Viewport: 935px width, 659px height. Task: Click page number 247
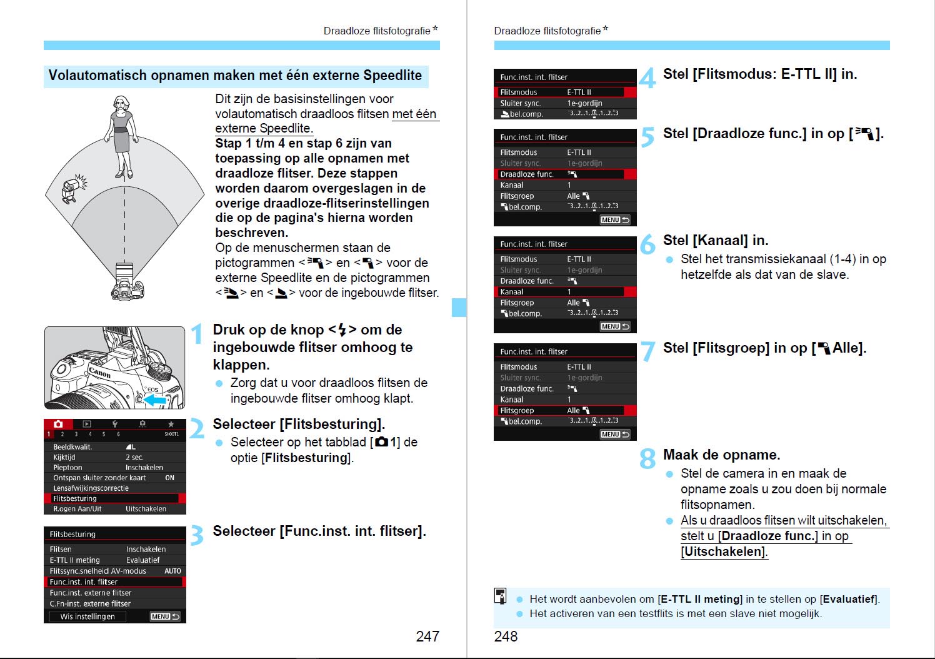point(427,636)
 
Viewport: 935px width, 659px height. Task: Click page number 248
point(506,636)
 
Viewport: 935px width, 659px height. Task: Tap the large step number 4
point(647,78)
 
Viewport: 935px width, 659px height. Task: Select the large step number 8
point(647,459)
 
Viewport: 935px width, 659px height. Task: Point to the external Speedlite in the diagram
point(73,188)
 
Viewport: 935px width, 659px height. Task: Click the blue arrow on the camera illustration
point(154,399)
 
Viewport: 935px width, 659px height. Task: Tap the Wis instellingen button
point(87,616)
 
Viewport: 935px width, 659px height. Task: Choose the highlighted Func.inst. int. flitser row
point(115,581)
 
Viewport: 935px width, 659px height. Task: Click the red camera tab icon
point(58,424)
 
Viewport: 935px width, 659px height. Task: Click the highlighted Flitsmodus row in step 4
point(565,92)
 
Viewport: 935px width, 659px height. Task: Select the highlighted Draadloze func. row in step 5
point(565,174)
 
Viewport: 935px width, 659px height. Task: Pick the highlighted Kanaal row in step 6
point(565,291)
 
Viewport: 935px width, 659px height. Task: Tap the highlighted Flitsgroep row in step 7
point(565,410)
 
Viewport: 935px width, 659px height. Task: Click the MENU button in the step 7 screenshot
point(615,434)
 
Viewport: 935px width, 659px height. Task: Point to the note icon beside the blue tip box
point(501,596)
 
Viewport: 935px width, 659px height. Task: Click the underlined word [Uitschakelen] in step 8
point(724,551)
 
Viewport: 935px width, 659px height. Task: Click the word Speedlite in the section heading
point(392,76)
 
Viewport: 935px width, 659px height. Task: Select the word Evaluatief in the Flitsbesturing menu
point(143,560)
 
